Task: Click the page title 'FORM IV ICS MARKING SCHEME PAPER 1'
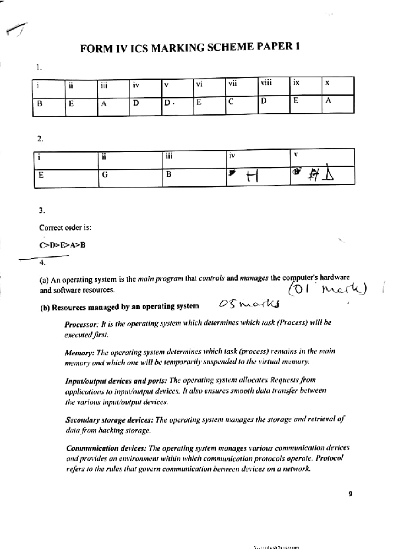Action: [x=190, y=48]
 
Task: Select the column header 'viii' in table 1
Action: [x=266, y=84]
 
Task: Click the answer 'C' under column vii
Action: [x=231, y=102]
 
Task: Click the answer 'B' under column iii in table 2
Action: [x=168, y=175]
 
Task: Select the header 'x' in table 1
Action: [x=327, y=84]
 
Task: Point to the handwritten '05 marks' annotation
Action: [x=248, y=304]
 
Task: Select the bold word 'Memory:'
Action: [x=79, y=353]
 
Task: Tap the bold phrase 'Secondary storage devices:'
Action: [x=109, y=419]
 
